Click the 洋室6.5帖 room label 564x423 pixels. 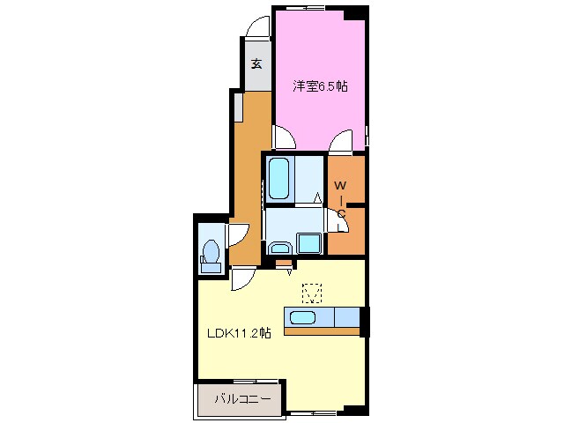click(320, 86)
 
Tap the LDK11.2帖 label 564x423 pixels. click(239, 333)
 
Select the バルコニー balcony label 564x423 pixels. click(242, 399)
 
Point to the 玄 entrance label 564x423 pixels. click(256, 63)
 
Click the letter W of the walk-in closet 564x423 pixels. click(340, 186)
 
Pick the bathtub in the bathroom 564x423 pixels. click(278, 179)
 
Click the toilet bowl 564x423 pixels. click(211, 250)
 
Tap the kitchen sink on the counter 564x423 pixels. click(303, 317)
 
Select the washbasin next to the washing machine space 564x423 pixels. click(280, 248)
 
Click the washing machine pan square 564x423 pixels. click(309, 243)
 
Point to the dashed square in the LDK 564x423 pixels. click(312, 293)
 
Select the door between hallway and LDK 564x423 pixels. click(243, 278)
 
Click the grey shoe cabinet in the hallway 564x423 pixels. click(239, 108)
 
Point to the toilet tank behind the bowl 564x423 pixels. click(211, 268)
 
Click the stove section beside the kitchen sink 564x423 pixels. click(347, 317)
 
